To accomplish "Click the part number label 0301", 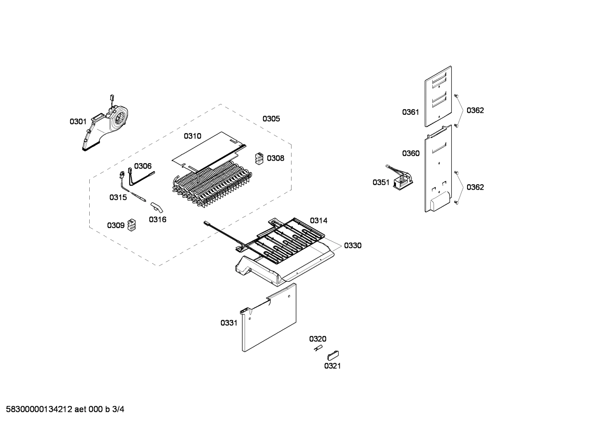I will tap(78, 121).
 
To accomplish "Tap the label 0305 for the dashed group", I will tap(271, 119).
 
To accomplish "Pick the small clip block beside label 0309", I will tap(132, 225).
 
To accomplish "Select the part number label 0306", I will tap(143, 166).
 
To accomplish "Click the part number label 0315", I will tap(118, 197).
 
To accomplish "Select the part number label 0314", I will tap(318, 221).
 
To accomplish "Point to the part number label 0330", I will tap(353, 246).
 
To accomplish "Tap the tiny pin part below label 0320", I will tap(317, 349).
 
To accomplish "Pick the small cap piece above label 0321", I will tap(333, 354).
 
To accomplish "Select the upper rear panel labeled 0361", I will tap(438, 97).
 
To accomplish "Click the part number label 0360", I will tap(410, 154).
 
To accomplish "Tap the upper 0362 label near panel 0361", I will tap(475, 110).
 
